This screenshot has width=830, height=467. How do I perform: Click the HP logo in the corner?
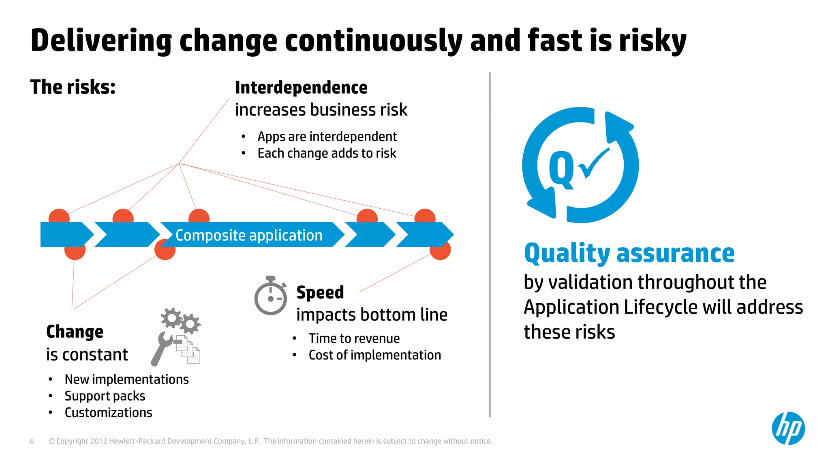click(x=788, y=428)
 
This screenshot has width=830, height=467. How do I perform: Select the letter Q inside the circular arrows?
click(x=561, y=169)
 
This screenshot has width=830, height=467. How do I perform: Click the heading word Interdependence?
click(x=301, y=88)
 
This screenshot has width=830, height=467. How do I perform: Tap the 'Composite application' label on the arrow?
click(x=249, y=235)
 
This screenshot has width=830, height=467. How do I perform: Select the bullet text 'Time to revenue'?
click(x=354, y=338)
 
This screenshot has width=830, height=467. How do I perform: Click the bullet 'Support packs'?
click(x=105, y=396)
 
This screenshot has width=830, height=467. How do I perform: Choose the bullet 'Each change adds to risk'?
click(x=327, y=153)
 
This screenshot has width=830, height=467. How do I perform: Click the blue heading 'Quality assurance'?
click(x=629, y=253)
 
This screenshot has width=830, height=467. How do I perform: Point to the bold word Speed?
click(x=320, y=292)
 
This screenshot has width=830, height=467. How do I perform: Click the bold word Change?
click(x=75, y=332)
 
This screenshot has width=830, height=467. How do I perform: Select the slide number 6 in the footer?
click(x=32, y=441)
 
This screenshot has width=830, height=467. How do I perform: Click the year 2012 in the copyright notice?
click(x=98, y=441)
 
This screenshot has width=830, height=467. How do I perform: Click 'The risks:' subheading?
click(x=73, y=87)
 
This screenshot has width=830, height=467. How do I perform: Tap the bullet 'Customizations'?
click(x=108, y=412)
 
